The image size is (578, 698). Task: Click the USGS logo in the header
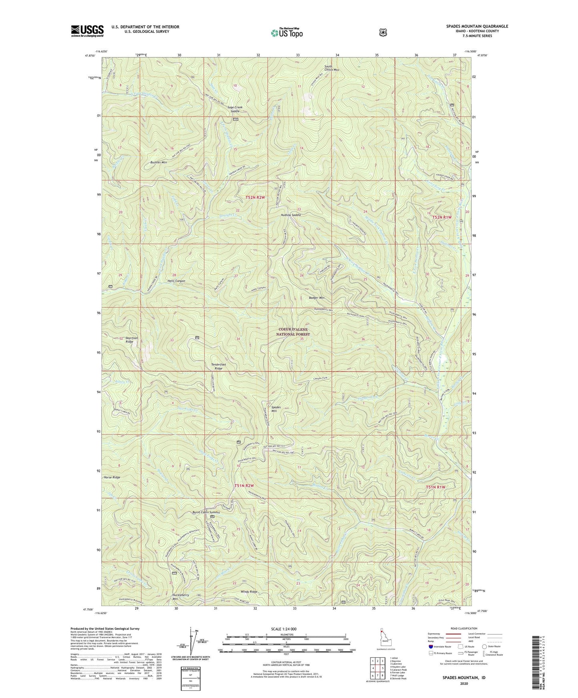pyautogui.click(x=87, y=31)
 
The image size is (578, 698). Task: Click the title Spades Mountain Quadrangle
pyautogui.click(x=477, y=26)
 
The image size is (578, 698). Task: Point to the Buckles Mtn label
pyautogui.click(x=158, y=163)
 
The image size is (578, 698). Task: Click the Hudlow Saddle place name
pyautogui.click(x=291, y=215)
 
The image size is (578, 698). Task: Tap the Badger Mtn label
pyautogui.click(x=316, y=298)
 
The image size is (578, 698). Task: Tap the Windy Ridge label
pyautogui.click(x=249, y=592)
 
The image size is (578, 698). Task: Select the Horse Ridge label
pyautogui.click(x=112, y=477)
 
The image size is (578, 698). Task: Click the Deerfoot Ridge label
pyautogui.click(x=129, y=340)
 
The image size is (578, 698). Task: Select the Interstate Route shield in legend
pyautogui.click(x=430, y=646)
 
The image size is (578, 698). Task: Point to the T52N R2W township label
pyautogui.click(x=255, y=197)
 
